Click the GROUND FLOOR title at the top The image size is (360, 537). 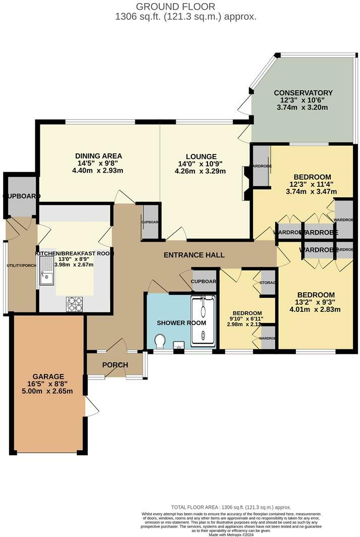tap(175, 7)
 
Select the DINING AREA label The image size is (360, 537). tap(98, 156)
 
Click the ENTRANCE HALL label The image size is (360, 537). tap(194, 255)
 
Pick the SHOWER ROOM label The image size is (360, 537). tap(174, 323)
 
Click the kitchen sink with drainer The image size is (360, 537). tap(47, 271)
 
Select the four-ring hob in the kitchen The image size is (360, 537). tap(75, 304)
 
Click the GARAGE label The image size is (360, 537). tap(48, 377)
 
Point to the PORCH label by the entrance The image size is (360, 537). tap(115, 365)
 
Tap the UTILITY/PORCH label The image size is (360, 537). tap(20, 265)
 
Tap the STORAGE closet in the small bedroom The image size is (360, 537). tap(267, 283)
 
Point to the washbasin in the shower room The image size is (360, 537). tap(178, 345)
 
